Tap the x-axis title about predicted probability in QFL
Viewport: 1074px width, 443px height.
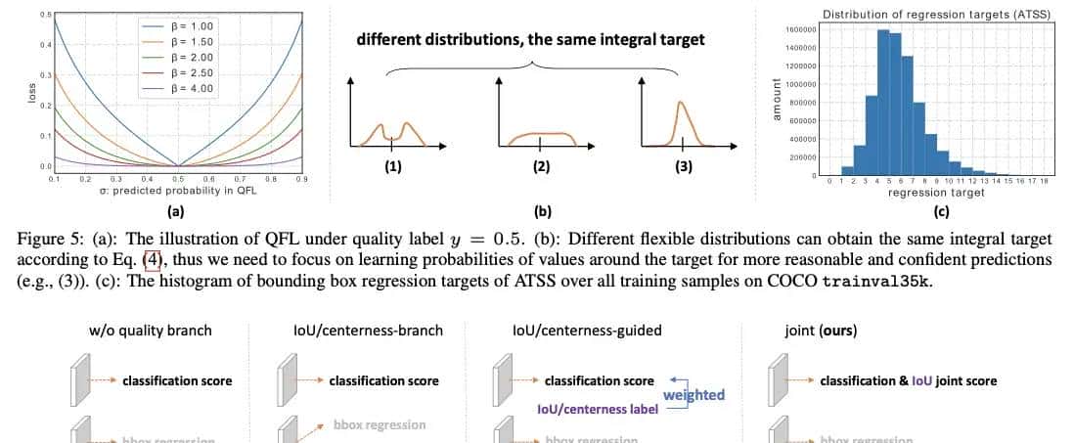click(x=178, y=191)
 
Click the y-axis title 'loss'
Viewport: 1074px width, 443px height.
click(x=32, y=94)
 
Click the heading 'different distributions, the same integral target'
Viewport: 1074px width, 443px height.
click(x=530, y=40)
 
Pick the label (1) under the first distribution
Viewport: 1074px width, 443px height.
click(x=392, y=166)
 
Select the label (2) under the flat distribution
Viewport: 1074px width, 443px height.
click(x=540, y=166)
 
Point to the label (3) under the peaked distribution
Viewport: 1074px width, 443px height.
click(x=684, y=166)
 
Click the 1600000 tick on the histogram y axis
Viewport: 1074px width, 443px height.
click(x=801, y=29)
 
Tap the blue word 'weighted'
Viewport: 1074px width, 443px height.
click(x=694, y=395)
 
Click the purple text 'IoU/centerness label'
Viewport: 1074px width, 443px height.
click(x=596, y=410)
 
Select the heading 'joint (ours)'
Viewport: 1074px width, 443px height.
click(x=821, y=331)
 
